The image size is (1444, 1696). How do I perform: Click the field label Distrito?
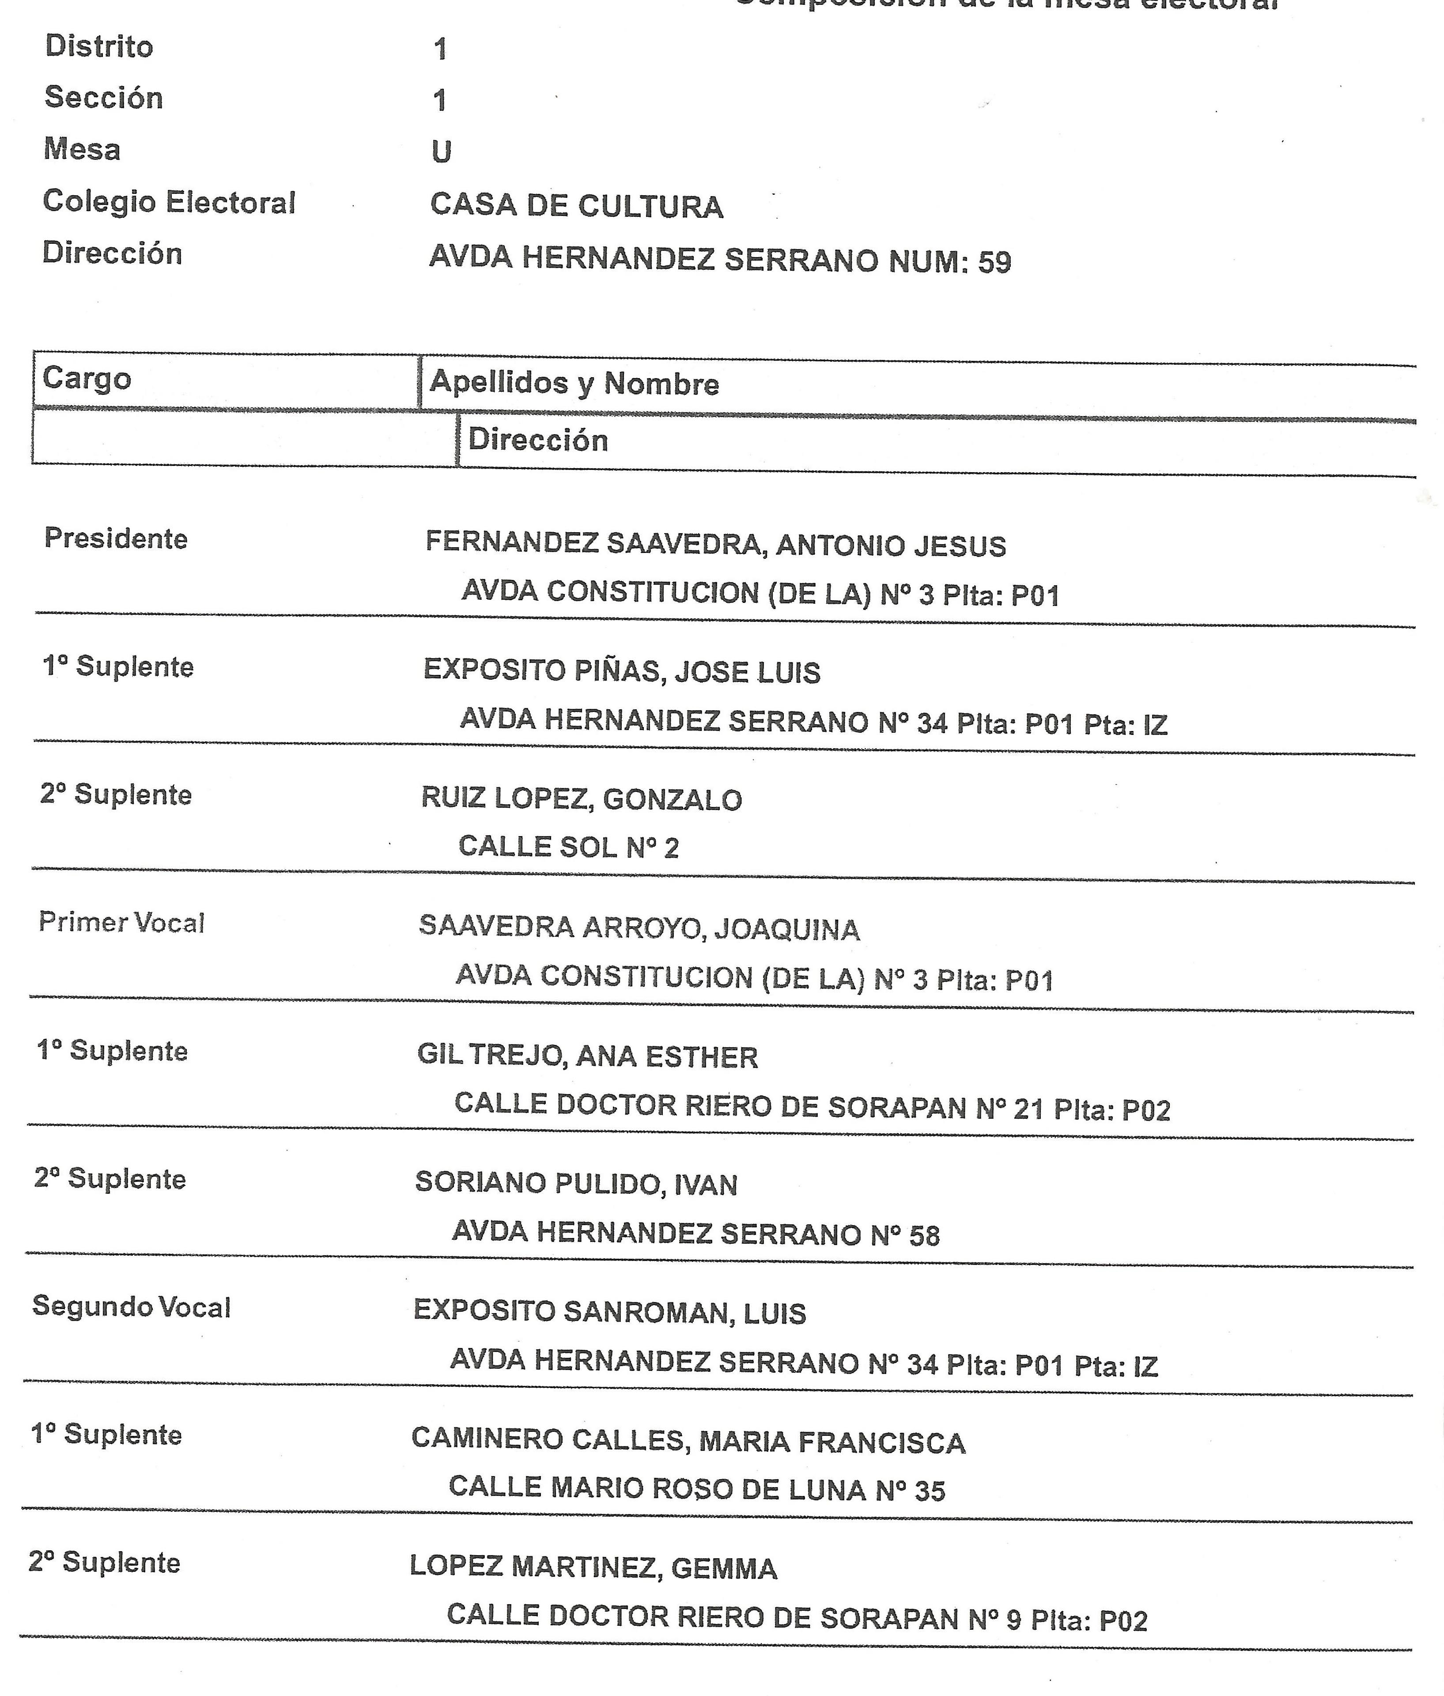99,47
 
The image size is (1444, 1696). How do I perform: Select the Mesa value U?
441,152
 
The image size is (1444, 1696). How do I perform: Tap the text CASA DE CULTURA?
576,206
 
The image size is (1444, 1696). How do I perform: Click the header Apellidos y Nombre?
574,383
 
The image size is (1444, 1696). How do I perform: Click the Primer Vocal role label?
121,923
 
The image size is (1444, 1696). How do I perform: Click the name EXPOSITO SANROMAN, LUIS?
609,1312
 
